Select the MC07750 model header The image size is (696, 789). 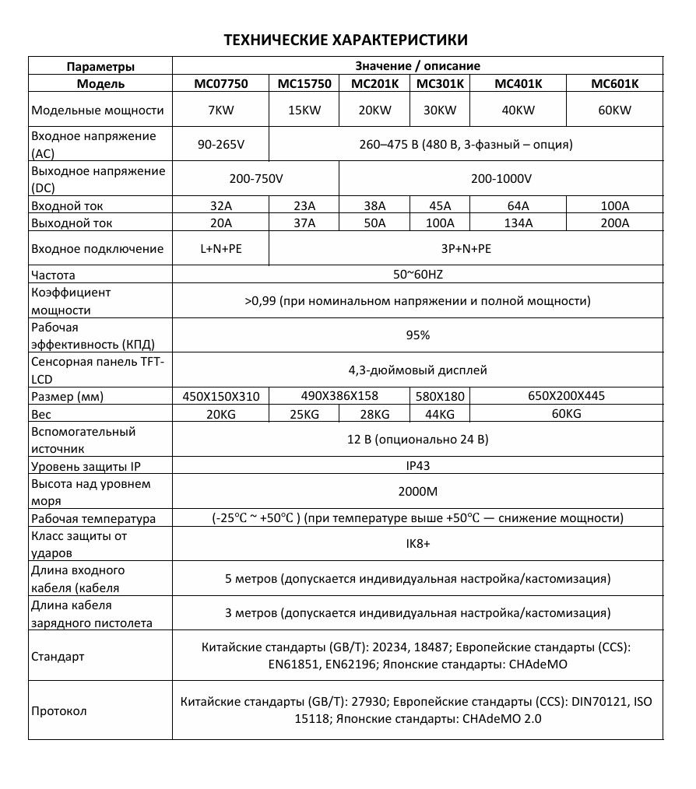220,84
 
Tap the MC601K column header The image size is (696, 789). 614,84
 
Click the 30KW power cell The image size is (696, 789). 440,110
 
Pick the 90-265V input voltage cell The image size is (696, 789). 220,145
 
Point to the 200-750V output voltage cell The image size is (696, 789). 256,179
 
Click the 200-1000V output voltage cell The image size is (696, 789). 501,179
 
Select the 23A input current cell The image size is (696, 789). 304,206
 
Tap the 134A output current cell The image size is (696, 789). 519,223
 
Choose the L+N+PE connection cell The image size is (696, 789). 220,249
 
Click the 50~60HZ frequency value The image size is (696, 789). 418,275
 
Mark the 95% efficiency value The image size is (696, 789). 418,335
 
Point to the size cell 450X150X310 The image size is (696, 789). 220,396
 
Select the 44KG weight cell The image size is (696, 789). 440,414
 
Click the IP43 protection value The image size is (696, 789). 418,466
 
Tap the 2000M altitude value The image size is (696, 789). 418,493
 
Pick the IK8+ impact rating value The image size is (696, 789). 418,544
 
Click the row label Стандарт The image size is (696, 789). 58,656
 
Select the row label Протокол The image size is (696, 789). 59,711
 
